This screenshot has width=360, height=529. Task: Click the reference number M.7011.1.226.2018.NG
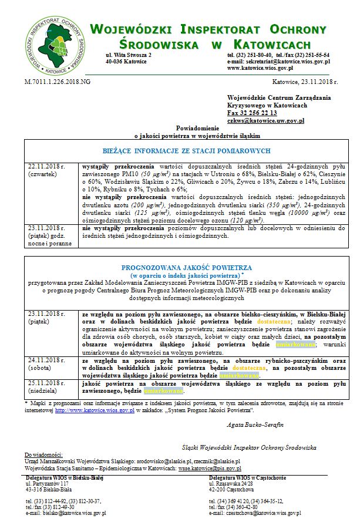coord(58,82)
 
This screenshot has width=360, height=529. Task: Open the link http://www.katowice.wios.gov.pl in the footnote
coord(95,411)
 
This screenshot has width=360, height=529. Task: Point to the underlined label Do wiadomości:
coord(43,455)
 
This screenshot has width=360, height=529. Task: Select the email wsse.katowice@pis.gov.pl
coord(209,469)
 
